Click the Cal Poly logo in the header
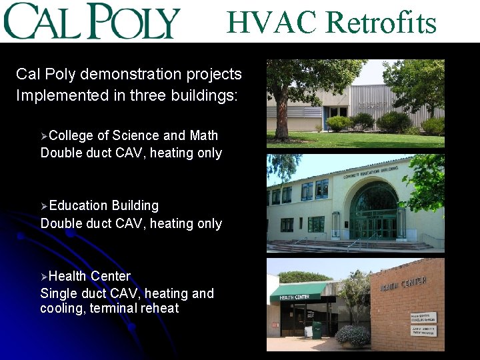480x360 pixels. [92, 21]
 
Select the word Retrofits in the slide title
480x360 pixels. [381, 22]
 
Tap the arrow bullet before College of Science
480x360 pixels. [45, 136]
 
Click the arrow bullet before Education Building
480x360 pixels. [45, 206]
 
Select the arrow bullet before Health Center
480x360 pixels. [45, 277]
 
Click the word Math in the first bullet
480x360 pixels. [203, 135]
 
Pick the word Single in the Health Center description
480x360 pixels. [59, 293]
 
